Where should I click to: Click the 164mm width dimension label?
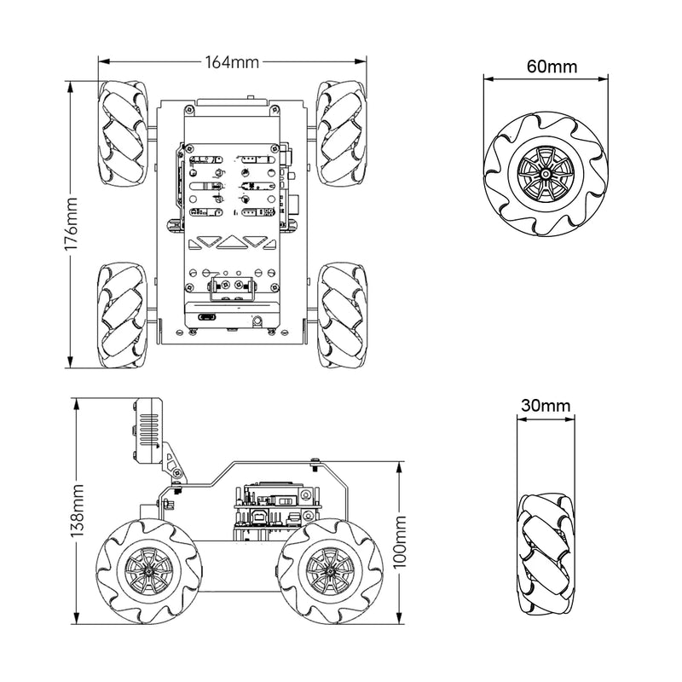point(232,62)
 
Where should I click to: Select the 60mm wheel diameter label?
point(545,66)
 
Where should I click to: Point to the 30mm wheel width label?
point(545,406)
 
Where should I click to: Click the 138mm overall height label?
point(78,511)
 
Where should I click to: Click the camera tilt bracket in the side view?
point(175,471)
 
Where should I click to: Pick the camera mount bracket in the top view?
point(231,290)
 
